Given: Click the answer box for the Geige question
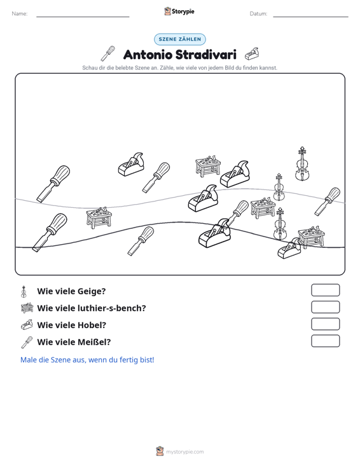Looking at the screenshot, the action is click(325, 290).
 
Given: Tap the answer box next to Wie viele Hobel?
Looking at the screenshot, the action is click(325, 324).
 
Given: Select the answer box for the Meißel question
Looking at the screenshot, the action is click(325, 341).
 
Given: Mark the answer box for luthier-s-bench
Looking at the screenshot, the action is click(325, 307).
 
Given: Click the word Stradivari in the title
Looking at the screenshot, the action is click(205, 55).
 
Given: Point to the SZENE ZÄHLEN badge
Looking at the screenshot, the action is click(180, 39).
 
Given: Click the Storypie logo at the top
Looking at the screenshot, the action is click(179, 11).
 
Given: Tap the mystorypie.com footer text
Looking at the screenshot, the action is click(184, 452).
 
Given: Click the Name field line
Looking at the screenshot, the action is click(83, 17).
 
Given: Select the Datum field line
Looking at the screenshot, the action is click(310, 17).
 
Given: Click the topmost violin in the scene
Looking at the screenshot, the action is click(301, 164).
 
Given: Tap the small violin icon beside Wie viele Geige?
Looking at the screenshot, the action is click(24, 292).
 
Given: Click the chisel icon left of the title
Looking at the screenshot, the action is click(108, 53).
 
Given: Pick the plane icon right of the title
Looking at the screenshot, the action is click(252, 54).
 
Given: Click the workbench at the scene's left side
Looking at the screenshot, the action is click(99, 218).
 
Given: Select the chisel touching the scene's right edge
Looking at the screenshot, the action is click(328, 201).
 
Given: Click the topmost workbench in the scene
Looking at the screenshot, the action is click(208, 166).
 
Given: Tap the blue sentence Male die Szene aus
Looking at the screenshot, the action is click(87, 360).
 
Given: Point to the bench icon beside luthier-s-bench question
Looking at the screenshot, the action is click(27, 308).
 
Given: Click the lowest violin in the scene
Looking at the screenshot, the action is click(280, 224).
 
